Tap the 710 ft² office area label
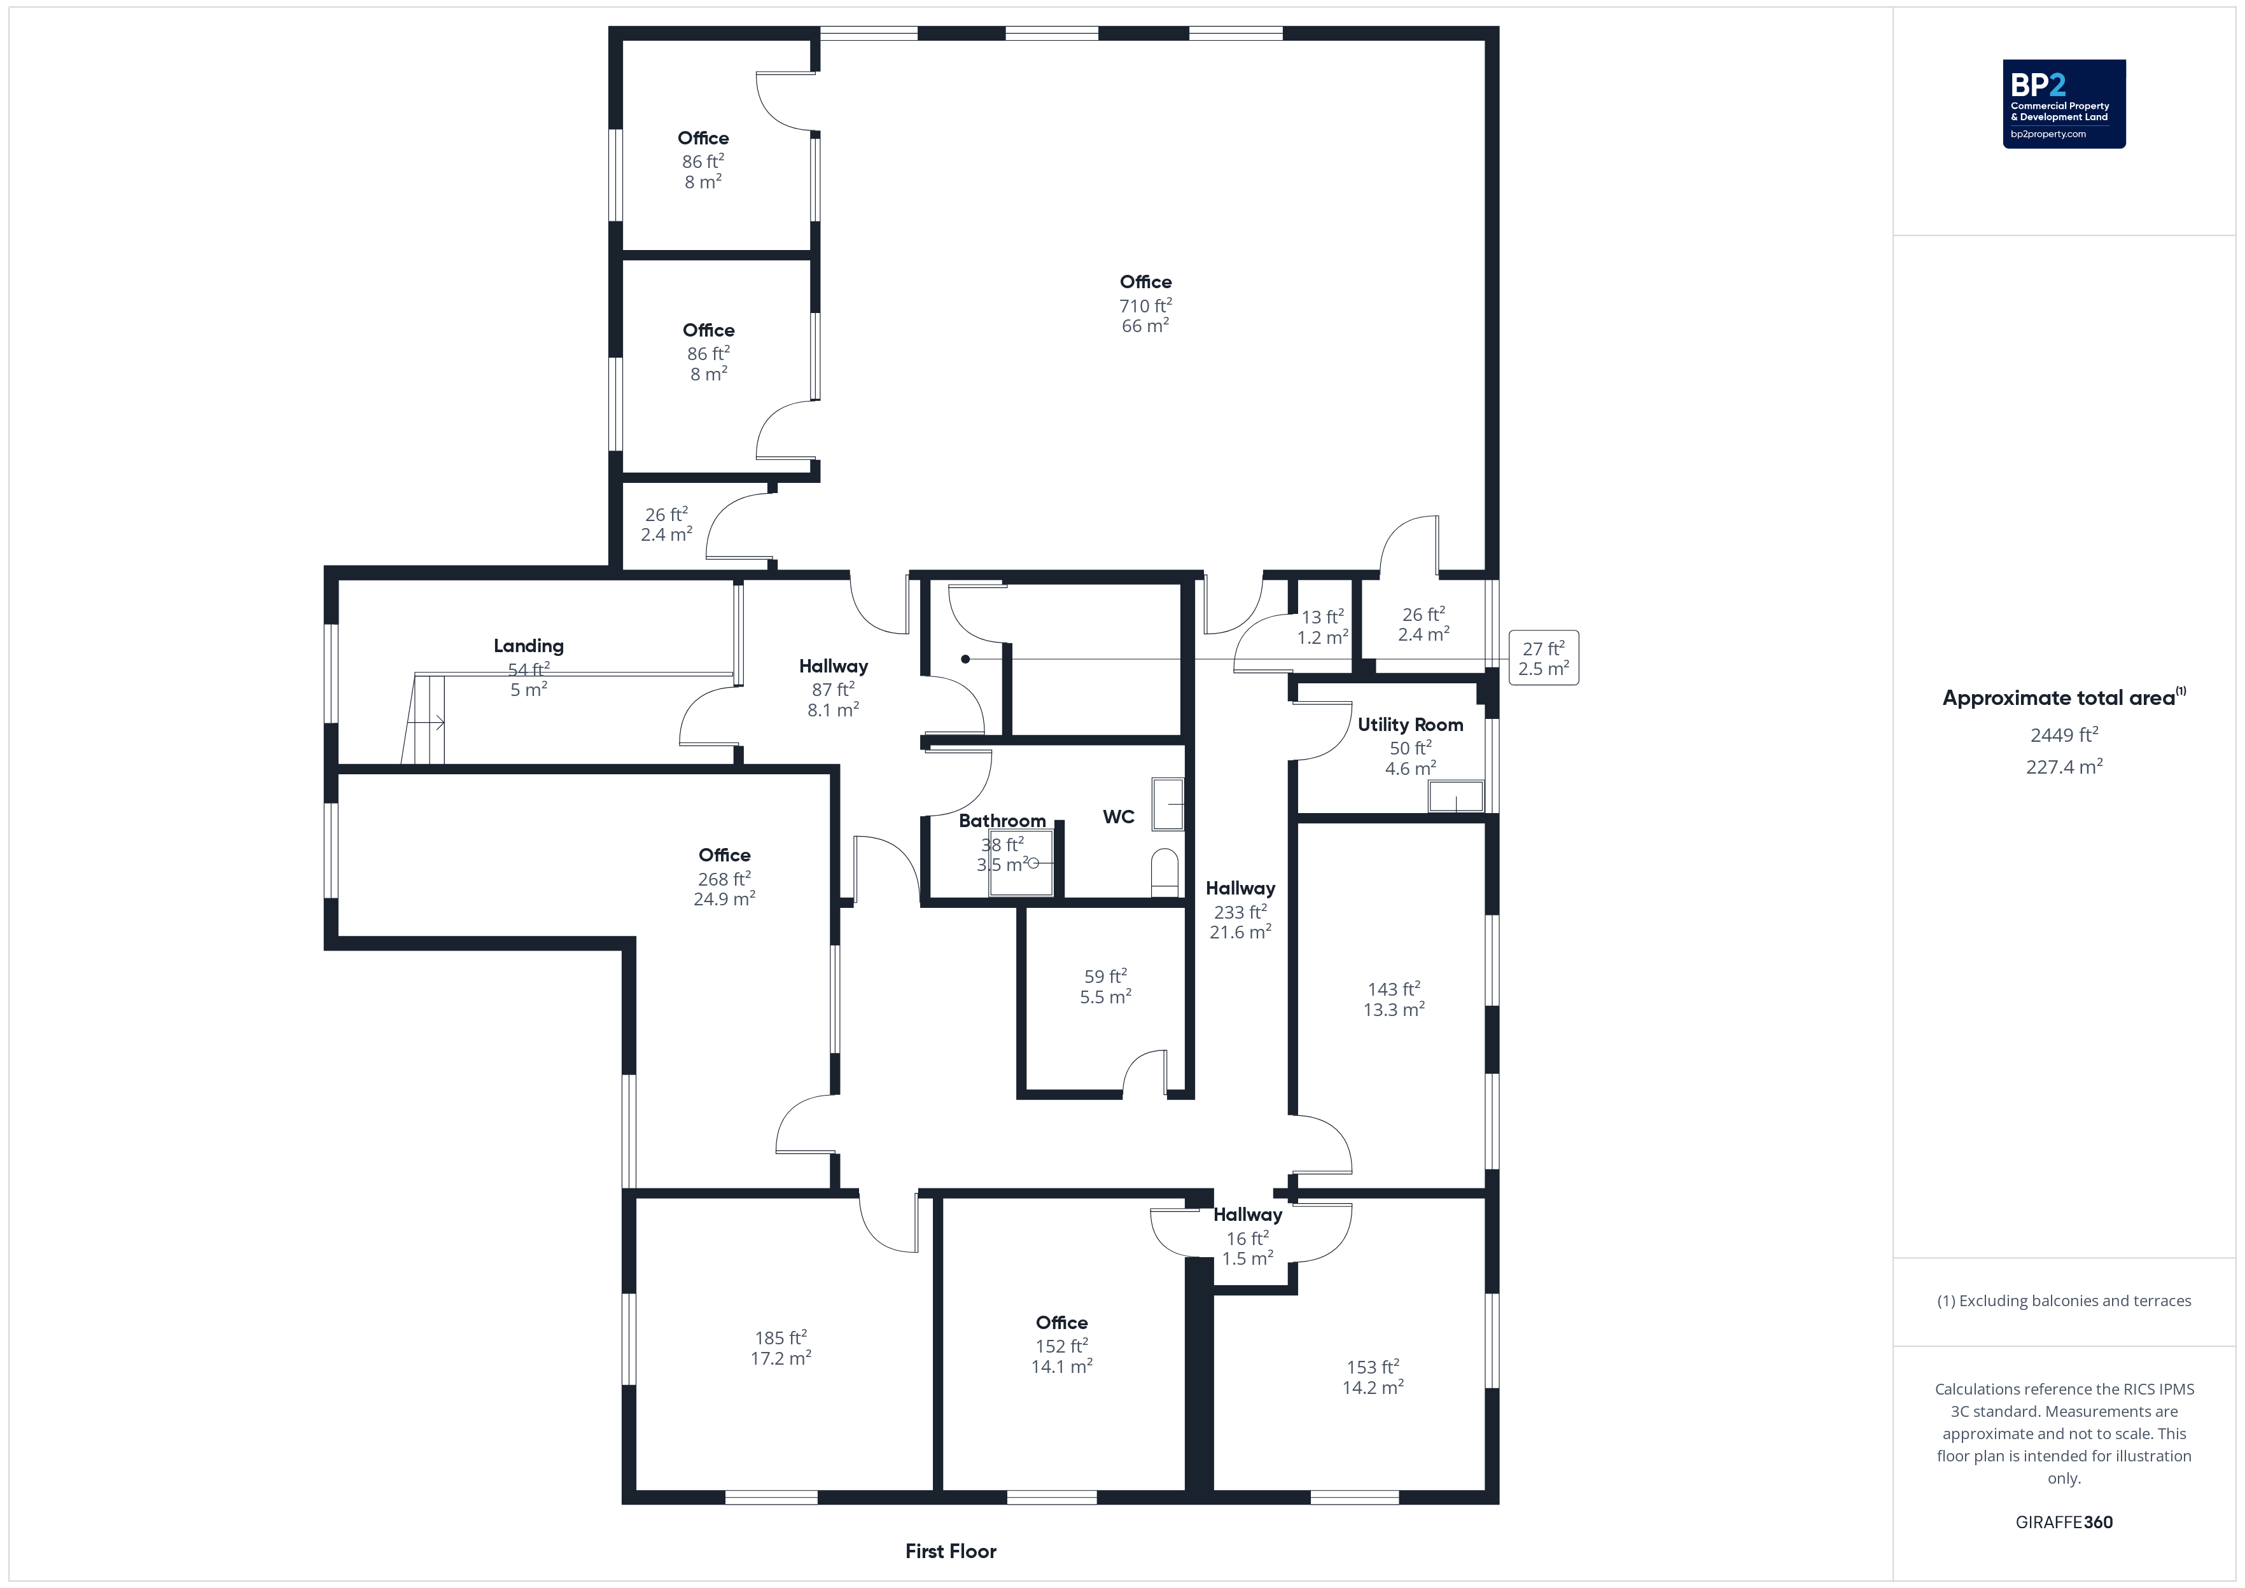1146,305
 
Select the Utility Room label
1410,725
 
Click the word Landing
528,645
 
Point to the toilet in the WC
1164,872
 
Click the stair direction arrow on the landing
426,723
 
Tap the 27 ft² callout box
1544,658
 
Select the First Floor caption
951,1551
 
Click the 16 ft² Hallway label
1248,1236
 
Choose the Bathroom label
1002,820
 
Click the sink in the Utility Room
1456,796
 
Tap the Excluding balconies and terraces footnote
2064,1300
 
